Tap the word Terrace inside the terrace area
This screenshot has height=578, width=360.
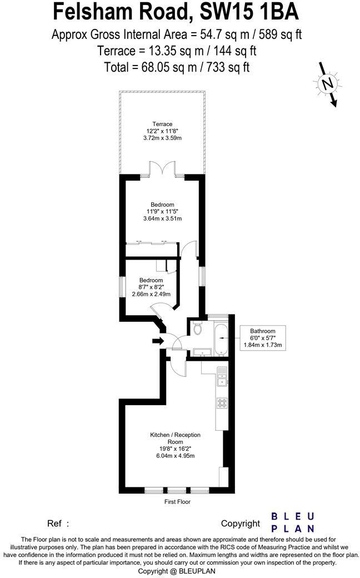[163, 124]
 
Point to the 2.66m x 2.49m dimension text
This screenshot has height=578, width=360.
[151, 294]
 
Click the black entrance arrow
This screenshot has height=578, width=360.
[158, 341]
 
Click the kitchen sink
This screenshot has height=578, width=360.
[222, 377]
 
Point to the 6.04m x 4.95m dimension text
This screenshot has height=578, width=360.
[175, 456]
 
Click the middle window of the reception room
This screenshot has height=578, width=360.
[176, 491]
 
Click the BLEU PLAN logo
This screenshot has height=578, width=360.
[292, 522]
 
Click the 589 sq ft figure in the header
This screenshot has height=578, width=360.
[284, 34]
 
